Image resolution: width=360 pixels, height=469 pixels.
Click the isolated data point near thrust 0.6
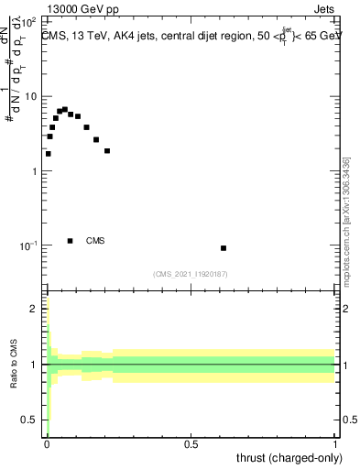click(224, 248)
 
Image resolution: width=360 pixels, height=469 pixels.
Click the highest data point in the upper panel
click(64, 110)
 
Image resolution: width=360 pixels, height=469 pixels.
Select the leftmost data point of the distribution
click(49, 154)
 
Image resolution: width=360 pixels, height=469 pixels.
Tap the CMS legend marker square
click(71, 241)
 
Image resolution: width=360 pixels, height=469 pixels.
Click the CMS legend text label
click(95, 241)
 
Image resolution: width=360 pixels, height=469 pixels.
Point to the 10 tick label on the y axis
click(32, 96)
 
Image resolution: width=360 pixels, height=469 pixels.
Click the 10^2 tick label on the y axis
click(29, 20)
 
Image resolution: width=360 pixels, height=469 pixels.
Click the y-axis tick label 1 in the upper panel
click(35, 171)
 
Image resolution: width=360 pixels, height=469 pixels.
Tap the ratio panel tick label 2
click(35, 309)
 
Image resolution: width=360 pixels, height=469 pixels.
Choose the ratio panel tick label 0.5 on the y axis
click(30, 420)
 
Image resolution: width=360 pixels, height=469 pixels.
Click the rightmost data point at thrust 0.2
click(107, 151)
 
